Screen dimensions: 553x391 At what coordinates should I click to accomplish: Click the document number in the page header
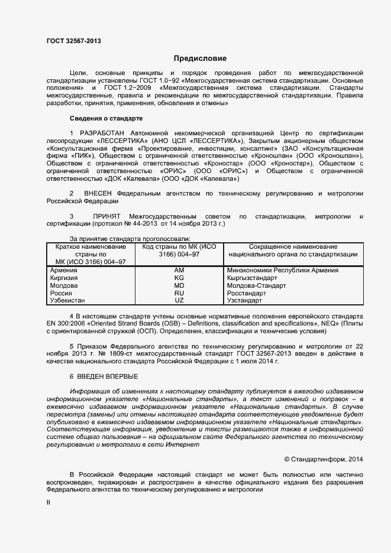pyautogui.click(x=73, y=41)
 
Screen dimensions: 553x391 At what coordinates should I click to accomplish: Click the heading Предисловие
pyautogui.click(x=200, y=58)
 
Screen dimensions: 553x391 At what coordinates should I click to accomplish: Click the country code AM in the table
pyautogui.click(x=179, y=270)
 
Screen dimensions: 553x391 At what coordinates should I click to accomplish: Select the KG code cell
pyautogui.click(x=179, y=278)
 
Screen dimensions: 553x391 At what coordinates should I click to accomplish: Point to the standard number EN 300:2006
pyautogui.click(x=66, y=324)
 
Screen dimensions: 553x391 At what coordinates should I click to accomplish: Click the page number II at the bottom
pyautogui.click(x=49, y=502)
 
